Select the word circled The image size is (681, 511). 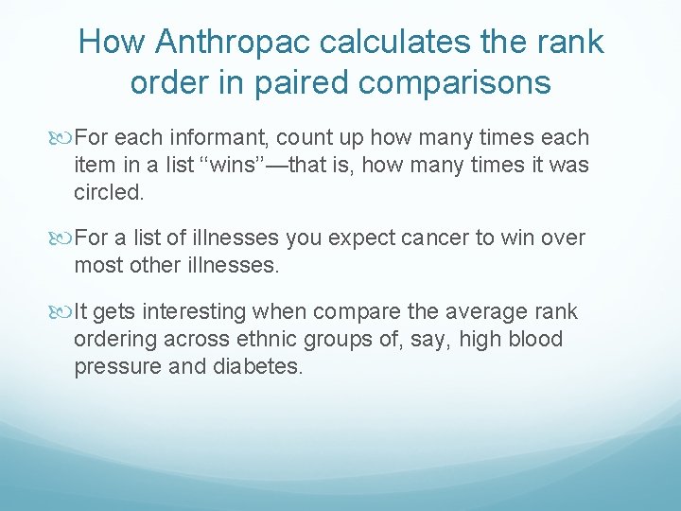pyautogui.click(x=109, y=193)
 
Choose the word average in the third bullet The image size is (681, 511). pyautogui.click(x=483, y=312)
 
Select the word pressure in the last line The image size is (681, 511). pyautogui.click(x=111, y=367)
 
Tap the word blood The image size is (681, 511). pyautogui.click(x=533, y=340)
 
